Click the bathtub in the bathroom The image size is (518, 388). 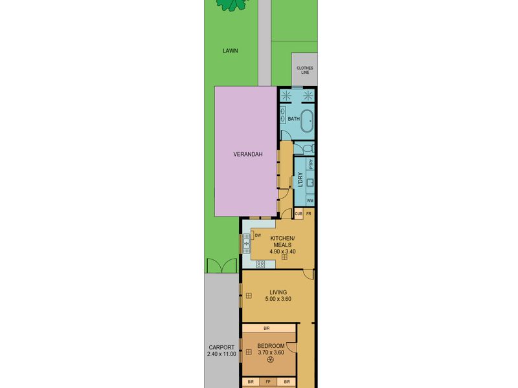click(308, 121)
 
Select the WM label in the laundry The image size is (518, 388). click(310, 200)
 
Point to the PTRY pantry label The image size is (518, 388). click(311, 164)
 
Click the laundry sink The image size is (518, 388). click(310, 183)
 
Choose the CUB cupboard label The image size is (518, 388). click(298, 214)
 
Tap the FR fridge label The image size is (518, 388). click(309, 214)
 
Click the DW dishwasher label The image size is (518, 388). click(258, 235)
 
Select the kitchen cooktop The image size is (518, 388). click(260, 264)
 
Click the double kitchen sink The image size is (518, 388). click(246, 243)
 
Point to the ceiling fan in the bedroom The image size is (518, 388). click(271, 360)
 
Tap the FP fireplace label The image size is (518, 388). click(268, 382)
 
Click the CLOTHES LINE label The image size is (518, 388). click(304, 70)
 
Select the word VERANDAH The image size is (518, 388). click(248, 154)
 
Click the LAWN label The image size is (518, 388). click(231, 51)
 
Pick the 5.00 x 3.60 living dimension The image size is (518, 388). click(278, 299)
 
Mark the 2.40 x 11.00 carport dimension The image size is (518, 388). click(221, 354)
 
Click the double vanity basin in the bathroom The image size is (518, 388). click(283, 114)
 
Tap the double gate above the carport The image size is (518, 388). click(222, 266)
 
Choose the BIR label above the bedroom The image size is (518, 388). click(267, 329)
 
